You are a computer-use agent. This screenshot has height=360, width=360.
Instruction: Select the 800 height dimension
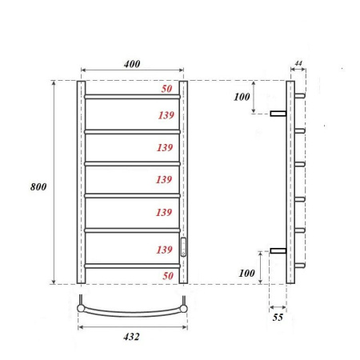tap(38, 186)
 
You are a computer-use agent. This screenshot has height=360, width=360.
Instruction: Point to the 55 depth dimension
tap(278, 318)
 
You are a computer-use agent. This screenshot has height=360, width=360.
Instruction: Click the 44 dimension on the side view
tap(298, 63)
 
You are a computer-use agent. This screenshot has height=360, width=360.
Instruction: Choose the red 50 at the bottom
tap(167, 275)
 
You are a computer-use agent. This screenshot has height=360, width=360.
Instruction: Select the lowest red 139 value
tap(165, 250)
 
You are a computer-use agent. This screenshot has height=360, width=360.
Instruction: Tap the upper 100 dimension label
tap(242, 98)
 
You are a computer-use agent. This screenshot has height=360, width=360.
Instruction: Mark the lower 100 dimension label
tap(246, 274)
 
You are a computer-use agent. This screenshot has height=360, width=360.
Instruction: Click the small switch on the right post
tap(183, 246)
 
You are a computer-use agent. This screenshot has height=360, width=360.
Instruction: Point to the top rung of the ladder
tap(132, 97)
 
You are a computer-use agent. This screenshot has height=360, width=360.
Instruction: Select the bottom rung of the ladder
tap(132, 265)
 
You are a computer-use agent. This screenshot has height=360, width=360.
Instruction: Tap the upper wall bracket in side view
tap(278, 114)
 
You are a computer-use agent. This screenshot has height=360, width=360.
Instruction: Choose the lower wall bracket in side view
tap(278, 251)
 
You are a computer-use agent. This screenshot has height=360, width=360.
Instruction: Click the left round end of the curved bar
tap(80, 305)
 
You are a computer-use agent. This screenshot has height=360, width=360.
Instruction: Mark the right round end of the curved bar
tap(185, 305)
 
